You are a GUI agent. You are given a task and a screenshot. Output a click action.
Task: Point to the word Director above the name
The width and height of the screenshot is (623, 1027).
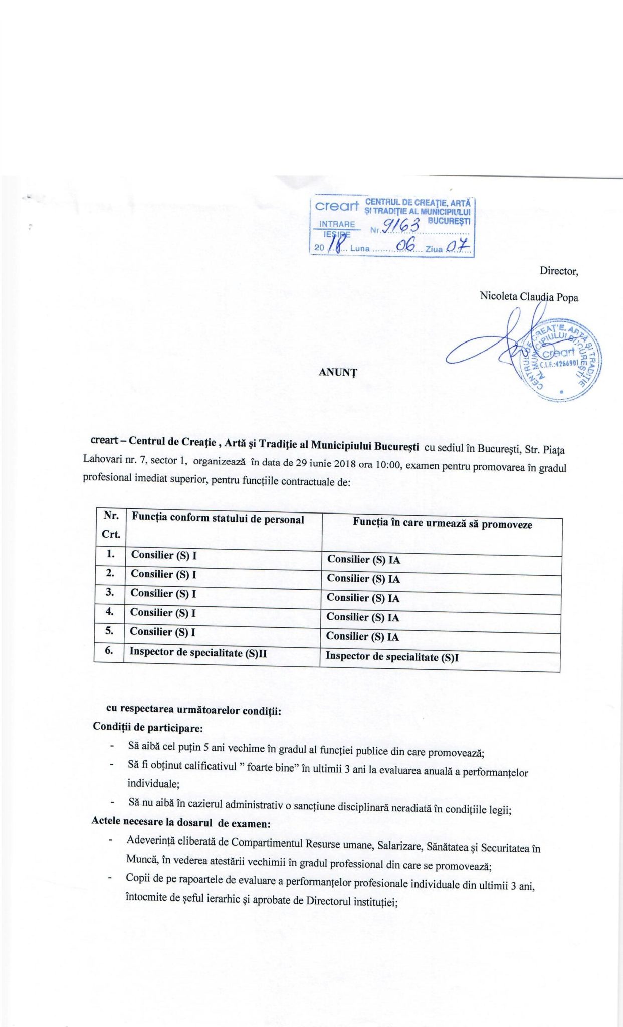(x=558, y=271)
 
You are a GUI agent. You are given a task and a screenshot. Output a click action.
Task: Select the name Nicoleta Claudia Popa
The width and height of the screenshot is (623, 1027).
(x=529, y=297)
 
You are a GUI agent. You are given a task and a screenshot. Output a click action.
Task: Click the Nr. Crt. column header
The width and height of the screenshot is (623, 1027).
(x=111, y=525)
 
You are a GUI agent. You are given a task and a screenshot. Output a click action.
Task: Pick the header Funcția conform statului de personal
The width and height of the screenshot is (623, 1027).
(x=218, y=519)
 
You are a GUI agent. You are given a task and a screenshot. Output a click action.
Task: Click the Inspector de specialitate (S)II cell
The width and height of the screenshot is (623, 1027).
(x=198, y=652)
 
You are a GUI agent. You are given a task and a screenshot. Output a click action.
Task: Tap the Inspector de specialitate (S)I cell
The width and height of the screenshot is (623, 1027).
(x=392, y=657)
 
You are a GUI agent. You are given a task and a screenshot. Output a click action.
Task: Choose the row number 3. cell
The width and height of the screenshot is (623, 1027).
(x=110, y=592)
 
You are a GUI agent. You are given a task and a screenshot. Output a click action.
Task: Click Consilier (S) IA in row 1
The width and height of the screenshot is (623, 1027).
(x=363, y=560)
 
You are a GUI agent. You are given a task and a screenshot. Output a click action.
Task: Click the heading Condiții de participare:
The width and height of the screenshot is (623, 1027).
(x=148, y=727)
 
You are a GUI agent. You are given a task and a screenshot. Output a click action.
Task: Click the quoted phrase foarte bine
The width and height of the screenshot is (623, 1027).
(x=270, y=767)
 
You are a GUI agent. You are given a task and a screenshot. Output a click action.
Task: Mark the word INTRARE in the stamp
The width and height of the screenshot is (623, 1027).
(x=337, y=224)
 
